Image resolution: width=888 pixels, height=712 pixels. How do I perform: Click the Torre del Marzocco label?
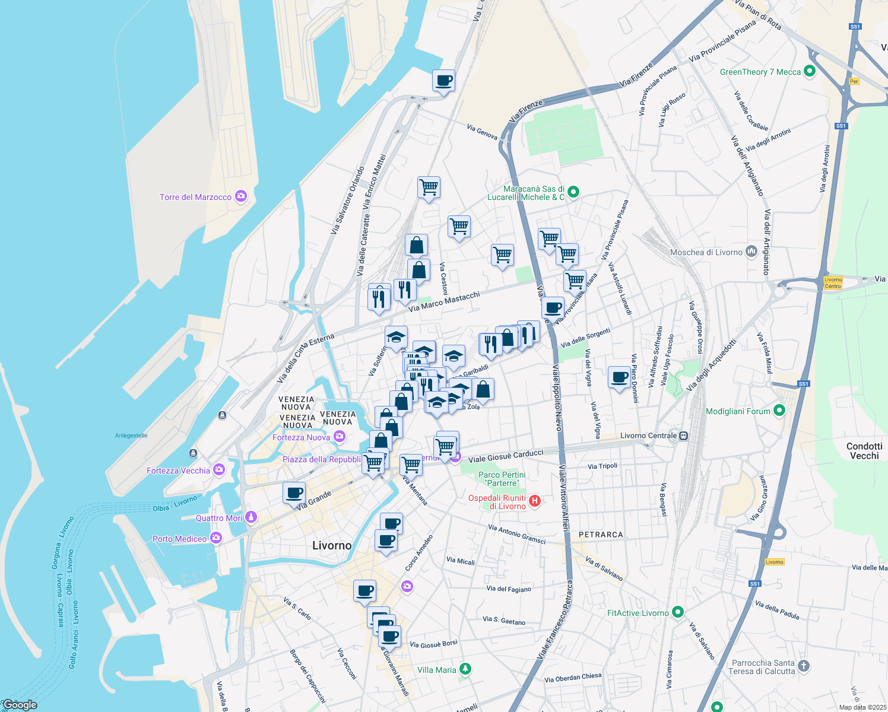click(x=195, y=197)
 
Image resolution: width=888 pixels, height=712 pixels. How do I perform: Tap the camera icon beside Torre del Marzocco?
click(x=241, y=196)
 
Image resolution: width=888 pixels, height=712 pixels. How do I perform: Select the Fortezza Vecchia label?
click(x=178, y=471)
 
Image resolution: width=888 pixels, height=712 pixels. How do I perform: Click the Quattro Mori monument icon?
click(x=251, y=517)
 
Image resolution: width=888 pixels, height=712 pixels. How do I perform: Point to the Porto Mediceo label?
click(x=179, y=539)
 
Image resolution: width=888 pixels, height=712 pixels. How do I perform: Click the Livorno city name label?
click(x=332, y=545)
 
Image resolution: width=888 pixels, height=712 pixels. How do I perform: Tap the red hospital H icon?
click(x=535, y=501)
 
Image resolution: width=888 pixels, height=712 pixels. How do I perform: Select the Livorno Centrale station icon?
click(x=684, y=436)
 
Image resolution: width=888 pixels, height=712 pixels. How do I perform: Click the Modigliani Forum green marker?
click(x=780, y=411)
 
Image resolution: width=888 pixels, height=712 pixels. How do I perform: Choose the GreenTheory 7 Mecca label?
click(x=760, y=72)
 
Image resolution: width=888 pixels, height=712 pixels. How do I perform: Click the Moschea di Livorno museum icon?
click(x=751, y=252)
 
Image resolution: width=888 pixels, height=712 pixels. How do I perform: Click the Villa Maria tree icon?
click(x=466, y=669)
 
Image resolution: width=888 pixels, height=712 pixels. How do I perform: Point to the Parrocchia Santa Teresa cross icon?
click(x=804, y=666)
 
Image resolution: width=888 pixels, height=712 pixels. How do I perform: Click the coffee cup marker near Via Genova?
click(x=443, y=81)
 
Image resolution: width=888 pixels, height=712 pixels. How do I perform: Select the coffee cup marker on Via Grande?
click(x=294, y=492)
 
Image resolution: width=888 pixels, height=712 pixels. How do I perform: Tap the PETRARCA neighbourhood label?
click(x=601, y=535)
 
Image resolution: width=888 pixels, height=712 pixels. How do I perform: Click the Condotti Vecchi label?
click(x=864, y=451)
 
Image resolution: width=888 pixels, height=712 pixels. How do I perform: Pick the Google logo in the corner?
click(x=20, y=704)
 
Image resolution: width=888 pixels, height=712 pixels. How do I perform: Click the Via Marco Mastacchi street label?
click(x=444, y=301)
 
